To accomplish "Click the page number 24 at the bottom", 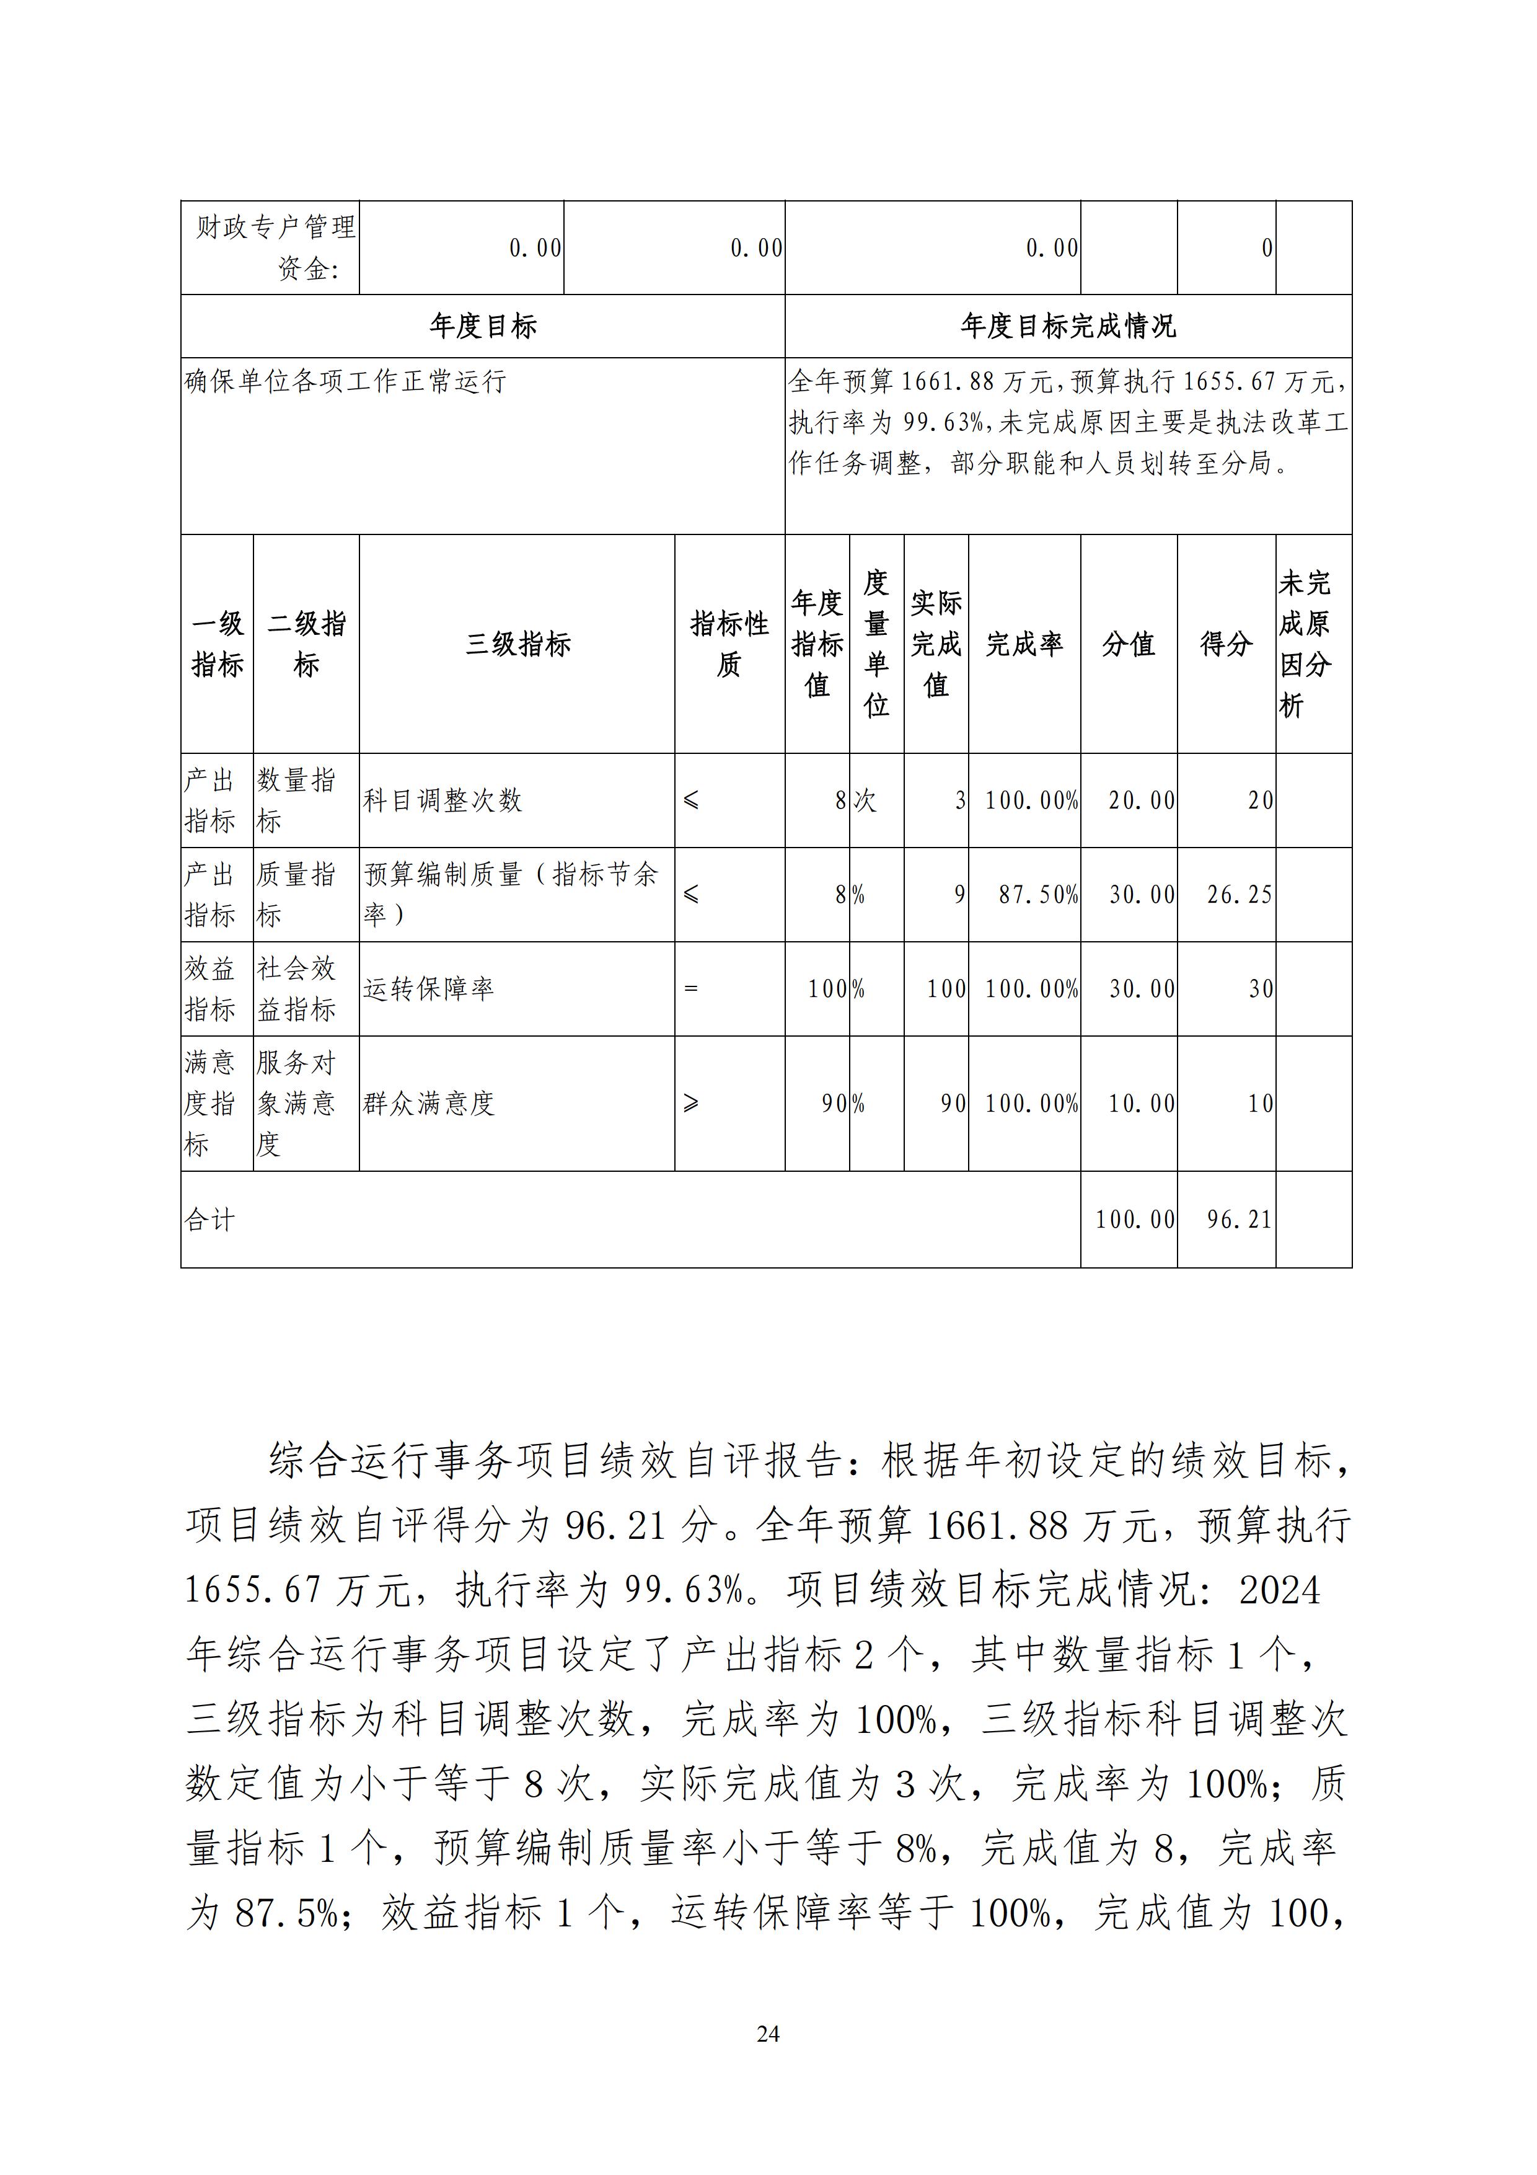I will pos(768,2033).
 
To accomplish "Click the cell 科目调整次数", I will pos(443,800).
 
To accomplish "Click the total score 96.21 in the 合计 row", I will pos(1239,1219).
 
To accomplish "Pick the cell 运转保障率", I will pos(428,989).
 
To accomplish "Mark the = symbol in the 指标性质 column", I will pos(690,989).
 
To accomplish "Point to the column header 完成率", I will pos(1024,644).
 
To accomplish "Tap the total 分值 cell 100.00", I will pos(1135,1219).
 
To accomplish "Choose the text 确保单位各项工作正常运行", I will pos(346,382).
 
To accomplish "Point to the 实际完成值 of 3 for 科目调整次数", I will pos(959,800).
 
